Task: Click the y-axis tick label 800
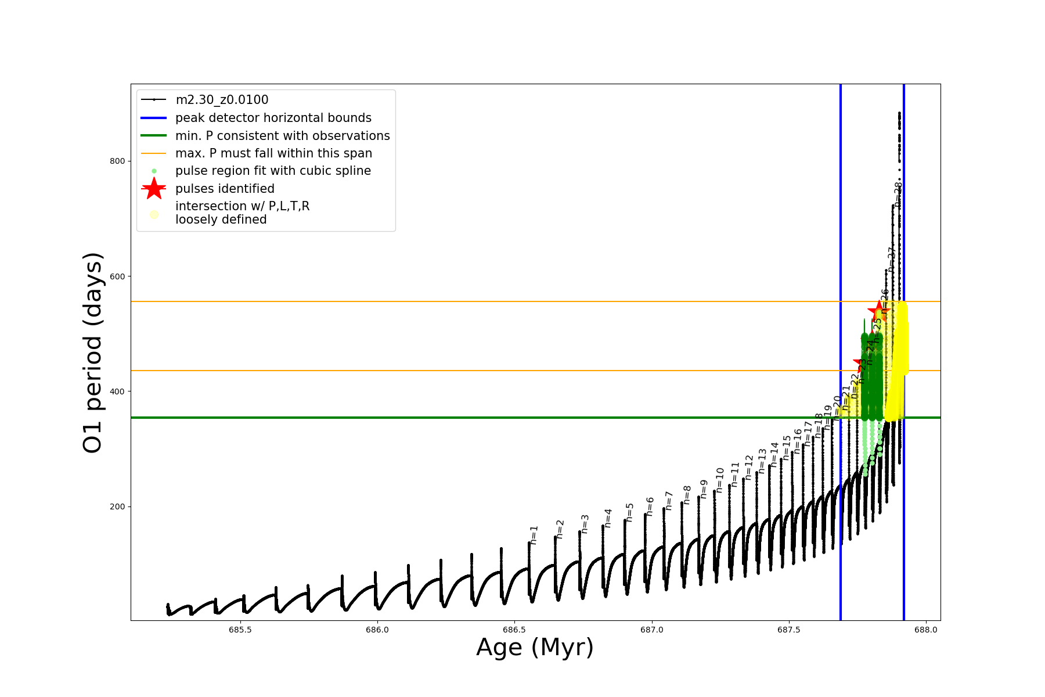[117, 161]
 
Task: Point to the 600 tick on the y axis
[117, 276]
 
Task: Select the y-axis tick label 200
[117, 506]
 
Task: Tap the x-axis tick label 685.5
[240, 630]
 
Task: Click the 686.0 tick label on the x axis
[377, 630]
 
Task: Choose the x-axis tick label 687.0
[651, 630]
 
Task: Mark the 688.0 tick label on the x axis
[925, 630]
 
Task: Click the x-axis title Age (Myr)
[535, 648]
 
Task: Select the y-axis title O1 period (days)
[93, 353]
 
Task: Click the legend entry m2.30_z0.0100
[222, 100]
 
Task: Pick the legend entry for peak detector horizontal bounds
[273, 118]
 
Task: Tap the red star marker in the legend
[154, 189]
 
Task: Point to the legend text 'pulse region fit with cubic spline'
[273, 171]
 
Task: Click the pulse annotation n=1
[534, 534]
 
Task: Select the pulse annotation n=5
[630, 512]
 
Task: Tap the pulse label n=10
[720, 480]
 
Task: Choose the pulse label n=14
[774, 455]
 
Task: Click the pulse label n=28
[898, 195]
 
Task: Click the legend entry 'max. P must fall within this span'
[273, 153]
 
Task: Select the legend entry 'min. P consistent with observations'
[282, 136]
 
